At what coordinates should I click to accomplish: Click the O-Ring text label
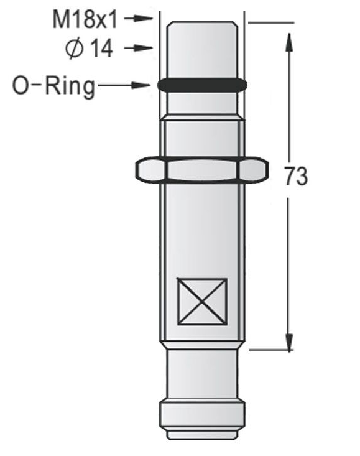pos(54,86)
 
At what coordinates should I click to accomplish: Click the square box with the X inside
pos(202,301)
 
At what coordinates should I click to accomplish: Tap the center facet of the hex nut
pos(202,170)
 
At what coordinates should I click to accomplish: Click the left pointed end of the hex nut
pos(136,170)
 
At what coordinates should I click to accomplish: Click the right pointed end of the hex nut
pos(268,170)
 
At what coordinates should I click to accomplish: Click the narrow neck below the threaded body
pos(202,373)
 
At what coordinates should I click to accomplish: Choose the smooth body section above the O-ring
pos(202,53)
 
